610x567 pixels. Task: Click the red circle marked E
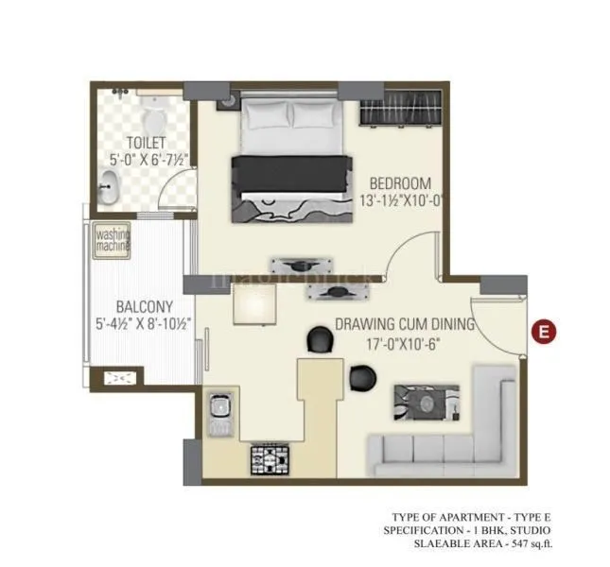[543, 331]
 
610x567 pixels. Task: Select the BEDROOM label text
[399, 183]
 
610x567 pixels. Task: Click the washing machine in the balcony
[112, 240]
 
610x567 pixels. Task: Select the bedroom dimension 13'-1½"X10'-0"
[399, 200]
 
